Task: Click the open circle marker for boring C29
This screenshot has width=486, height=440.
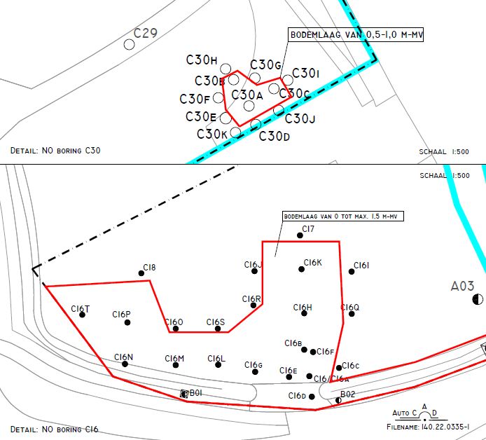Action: click(130, 45)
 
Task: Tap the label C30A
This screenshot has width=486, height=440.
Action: click(247, 95)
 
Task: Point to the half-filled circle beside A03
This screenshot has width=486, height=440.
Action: click(478, 300)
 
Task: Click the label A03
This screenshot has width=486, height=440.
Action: click(462, 285)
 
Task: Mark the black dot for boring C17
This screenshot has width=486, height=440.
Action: click(300, 235)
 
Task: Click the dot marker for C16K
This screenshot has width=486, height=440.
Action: click(302, 269)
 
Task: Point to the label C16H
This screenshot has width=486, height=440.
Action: click(303, 308)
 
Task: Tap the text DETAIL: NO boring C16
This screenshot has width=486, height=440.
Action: click(55, 428)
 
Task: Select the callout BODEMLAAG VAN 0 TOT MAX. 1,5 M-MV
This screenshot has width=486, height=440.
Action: click(343, 216)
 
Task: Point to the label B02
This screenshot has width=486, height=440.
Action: click(348, 394)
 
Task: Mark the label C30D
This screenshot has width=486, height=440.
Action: click(274, 136)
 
